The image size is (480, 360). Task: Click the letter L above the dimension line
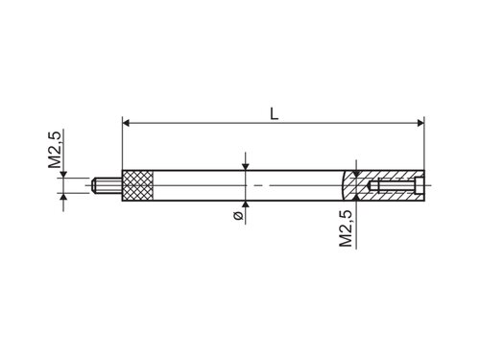274,114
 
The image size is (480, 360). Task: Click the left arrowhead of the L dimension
126,123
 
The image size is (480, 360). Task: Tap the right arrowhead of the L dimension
420,123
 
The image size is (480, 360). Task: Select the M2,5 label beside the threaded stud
55,150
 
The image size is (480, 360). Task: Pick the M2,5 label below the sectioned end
346,228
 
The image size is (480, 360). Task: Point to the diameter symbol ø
238,216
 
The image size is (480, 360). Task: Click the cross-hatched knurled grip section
138,185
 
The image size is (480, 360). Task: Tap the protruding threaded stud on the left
107,185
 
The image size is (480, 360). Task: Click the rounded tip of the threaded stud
94,185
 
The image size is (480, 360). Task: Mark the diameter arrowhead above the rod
246,167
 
